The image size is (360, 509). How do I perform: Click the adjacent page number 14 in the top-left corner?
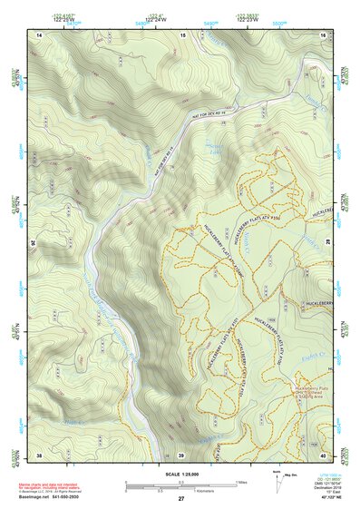40,34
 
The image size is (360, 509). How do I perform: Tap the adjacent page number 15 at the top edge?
182,34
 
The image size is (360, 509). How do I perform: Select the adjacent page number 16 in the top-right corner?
324,34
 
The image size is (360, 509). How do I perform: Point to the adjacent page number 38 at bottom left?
40,454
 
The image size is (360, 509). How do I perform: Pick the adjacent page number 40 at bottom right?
324,454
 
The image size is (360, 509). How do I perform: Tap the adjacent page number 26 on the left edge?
34,243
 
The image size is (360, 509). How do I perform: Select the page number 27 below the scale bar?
181,499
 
